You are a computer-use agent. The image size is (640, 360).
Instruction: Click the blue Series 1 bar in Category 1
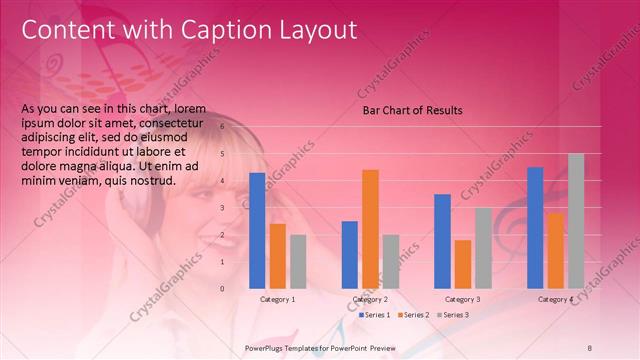click(x=257, y=231)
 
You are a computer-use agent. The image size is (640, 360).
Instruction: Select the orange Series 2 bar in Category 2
click(x=370, y=229)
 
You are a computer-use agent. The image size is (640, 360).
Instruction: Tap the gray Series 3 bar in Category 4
click(x=576, y=221)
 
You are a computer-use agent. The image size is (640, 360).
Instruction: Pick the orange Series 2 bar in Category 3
click(x=463, y=264)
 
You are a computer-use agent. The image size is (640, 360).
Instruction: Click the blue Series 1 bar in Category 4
click(x=535, y=228)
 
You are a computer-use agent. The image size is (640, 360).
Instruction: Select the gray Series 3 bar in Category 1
click(x=298, y=262)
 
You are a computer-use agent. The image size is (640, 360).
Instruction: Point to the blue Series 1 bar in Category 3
click(x=442, y=241)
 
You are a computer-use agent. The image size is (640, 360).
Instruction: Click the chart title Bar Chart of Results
click(x=412, y=111)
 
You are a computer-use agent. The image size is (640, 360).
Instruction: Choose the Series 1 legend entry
click(x=374, y=315)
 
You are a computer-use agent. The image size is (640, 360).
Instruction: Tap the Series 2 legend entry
click(x=413, y=315)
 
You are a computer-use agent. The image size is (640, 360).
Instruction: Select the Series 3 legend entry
click(x=452, y=315)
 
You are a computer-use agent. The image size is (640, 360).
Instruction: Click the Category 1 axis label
click(x=277, y=299)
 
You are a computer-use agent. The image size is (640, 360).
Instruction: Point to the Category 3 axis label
click(x=462, y=299)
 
